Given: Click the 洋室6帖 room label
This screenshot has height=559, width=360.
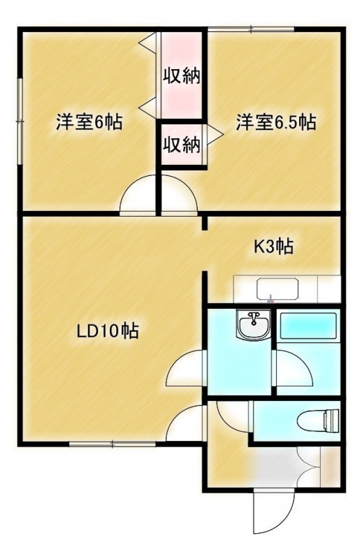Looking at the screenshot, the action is coord(89,123).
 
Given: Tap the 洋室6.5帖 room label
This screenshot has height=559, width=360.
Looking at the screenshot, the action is coord(275,123).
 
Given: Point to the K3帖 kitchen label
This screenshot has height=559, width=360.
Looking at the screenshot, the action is coord(273,247).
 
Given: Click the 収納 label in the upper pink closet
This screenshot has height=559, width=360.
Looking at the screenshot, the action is coord(181,75).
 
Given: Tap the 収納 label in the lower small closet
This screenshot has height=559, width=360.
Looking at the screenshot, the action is coord(181,145).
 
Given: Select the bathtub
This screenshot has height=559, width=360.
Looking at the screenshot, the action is coord(308,326).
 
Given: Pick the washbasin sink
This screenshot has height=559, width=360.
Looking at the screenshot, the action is coord(253,324).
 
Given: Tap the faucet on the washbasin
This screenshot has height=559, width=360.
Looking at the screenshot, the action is coord(254,317).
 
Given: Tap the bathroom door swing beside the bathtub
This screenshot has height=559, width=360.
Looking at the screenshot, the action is coord(292,368).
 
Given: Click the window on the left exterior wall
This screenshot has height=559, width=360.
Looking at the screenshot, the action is coord(21,122).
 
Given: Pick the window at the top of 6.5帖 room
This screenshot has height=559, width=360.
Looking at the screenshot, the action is coord(252,29).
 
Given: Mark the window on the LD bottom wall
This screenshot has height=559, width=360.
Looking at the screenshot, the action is coord(112,444).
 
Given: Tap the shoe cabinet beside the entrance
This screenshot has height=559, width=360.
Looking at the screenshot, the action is coord(330,467).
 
